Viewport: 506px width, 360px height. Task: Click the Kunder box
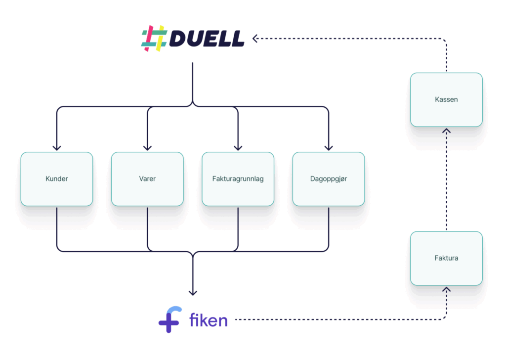(x=57, y=179)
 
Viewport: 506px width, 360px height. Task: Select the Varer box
(x=147, y=179)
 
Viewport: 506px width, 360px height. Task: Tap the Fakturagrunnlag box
(x=238, y=179)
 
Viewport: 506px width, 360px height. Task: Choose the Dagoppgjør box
(x=329, y=179)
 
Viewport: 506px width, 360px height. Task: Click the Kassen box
(x=447, y=100)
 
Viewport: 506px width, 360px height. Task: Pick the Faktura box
(x=447, y=258)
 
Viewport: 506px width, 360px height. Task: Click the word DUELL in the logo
(x=207, y=39)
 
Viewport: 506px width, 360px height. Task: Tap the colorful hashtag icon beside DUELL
(x=154, y=39)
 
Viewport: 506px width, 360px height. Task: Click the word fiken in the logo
(x=209, y=320)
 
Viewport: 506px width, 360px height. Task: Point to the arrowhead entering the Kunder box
(x=57, y=148)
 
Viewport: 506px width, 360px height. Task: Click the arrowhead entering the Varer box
(x=147, y=148)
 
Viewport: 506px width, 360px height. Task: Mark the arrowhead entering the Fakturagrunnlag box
(x=238, y=148)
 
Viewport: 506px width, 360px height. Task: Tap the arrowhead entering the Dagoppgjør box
(x=329, y=148)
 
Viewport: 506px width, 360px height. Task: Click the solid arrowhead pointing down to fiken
(x=193, y=293)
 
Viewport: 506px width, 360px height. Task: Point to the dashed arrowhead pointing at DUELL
(x=255, y=39)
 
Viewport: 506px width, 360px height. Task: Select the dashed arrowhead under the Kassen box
(x=447, y=131)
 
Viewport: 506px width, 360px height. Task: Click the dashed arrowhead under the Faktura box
(x=447, y=289)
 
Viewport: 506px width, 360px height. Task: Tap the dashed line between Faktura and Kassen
(x=447, y=179)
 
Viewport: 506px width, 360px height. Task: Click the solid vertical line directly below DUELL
(x=193, y=83)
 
